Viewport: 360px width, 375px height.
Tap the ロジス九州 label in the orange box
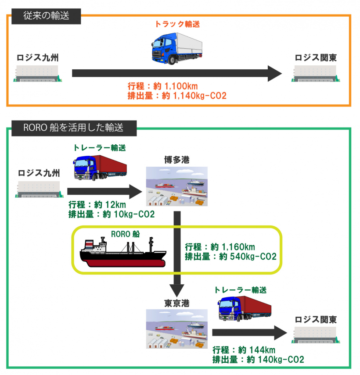[x=38, y=57]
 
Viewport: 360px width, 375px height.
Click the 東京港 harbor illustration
[x=176, y=329]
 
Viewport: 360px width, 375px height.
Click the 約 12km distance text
[x=113, y=205]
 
